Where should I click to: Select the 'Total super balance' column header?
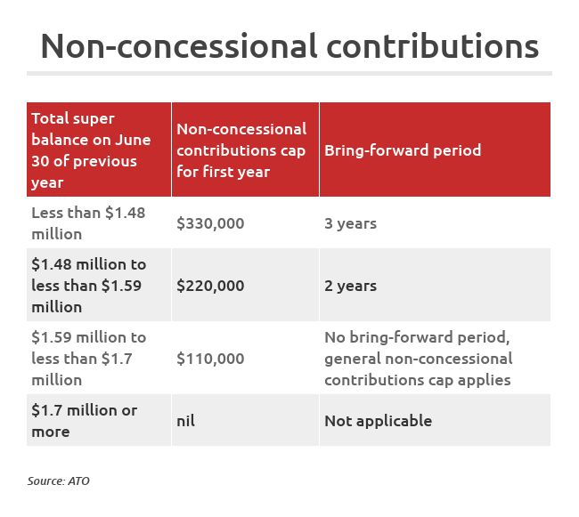tap(91, 150)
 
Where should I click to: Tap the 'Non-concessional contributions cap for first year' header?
tap(241, 150)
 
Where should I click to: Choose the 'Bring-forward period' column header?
tap(403, 150)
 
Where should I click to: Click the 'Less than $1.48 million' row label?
tap(88, 223)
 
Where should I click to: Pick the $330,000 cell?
tap(210, 223)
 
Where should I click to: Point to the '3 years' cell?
tap(350, 223)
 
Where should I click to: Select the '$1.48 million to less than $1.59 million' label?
tap(88, 286)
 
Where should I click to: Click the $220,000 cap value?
tap(210, 286)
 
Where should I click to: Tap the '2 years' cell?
tap(350, 286)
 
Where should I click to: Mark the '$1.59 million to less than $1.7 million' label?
tap(88, 359)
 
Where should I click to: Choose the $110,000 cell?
tap(210, 359)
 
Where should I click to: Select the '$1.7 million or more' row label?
tap(84, 421)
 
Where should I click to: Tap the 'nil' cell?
tap(185, 421)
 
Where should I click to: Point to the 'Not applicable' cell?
tap(378, 421)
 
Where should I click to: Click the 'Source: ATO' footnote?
tap(59, 481)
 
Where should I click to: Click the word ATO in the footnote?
tap(78, 481)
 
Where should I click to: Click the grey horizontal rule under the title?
tap(289, 73)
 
